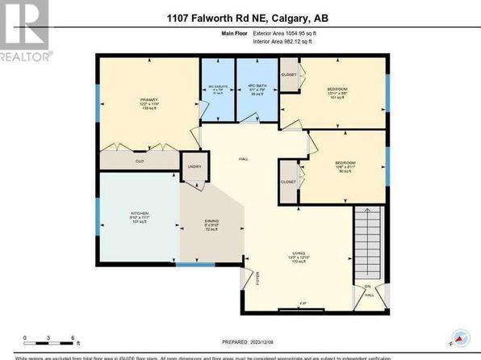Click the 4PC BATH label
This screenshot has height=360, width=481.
pos(257,89)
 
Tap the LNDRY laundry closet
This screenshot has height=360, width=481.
pos(194,166)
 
